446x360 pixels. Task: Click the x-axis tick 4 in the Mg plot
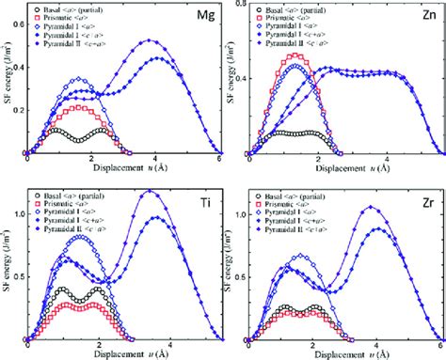coord(151,161)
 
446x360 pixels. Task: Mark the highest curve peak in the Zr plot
coord(371,207)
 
